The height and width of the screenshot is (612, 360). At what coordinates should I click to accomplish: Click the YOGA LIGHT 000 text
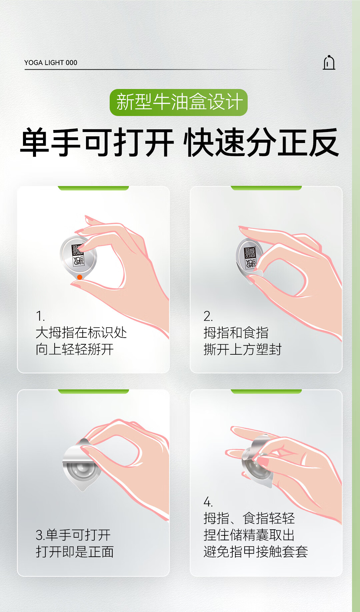coord(51,63)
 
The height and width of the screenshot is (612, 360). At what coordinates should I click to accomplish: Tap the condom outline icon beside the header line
coord(329,63)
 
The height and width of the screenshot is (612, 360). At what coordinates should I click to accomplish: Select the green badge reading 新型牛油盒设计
coord(179,102)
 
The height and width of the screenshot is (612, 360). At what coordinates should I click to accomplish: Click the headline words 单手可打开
coord(97,143)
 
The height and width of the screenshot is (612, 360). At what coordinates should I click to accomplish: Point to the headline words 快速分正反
coord(262,143)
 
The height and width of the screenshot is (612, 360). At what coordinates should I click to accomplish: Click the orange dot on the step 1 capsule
coord(80,277)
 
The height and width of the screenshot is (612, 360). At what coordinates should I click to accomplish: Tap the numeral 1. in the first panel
coord(40,316)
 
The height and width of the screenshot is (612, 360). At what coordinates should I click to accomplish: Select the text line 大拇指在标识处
coord(81,333)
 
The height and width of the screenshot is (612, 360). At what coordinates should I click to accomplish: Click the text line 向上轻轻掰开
coord(75,349)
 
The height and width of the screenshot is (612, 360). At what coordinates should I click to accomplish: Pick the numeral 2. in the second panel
coord(208,316)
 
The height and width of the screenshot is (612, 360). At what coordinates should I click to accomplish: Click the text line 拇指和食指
coord(236,333)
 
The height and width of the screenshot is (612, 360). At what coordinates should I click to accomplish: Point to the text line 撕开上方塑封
coord(243,349)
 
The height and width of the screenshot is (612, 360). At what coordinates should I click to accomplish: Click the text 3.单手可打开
coord(73,535)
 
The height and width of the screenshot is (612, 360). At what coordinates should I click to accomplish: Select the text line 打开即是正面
coord(75,552)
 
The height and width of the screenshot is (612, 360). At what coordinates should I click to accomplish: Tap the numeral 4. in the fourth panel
coord(208,502)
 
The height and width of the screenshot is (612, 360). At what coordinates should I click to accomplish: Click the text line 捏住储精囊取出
coord(249,535)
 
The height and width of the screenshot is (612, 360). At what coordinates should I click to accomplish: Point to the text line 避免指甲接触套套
coord(256,552)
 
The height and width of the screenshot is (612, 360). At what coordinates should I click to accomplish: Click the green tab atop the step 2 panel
coord(266,188)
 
